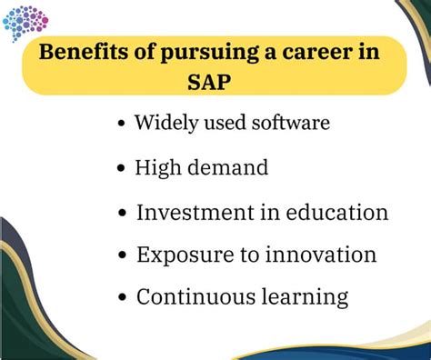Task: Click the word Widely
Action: (164, 122)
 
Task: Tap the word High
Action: (157, 166)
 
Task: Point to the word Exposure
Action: (181, 255)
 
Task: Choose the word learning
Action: (303, 297)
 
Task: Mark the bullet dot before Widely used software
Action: (122, 125)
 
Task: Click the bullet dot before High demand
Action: (122, 169)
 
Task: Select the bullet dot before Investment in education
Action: (122, 215)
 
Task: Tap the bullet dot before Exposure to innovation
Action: (122, 257)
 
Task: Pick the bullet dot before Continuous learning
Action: (122, 298)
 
